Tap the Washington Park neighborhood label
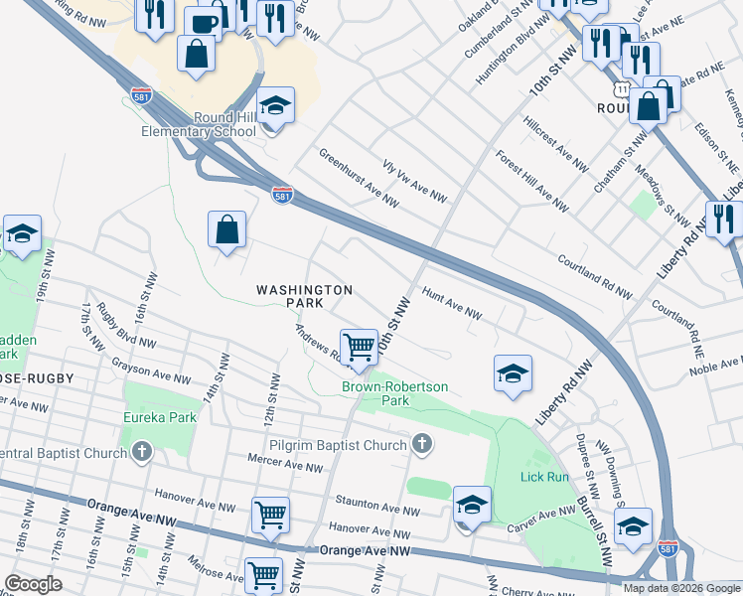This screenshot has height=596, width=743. point(304,295)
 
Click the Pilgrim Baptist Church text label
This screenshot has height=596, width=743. point(338,444)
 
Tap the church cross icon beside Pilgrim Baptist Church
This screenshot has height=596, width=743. point(423,443)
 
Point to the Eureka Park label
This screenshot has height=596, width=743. point(159,418)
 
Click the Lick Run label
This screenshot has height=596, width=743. point(543,477)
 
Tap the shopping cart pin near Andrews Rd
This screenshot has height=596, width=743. point(359,348)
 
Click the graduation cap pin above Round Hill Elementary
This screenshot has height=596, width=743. point(275,105)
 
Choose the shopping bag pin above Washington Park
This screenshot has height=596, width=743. point(227,229)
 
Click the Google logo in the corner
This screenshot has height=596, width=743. point(33,583)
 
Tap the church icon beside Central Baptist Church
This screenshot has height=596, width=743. point(142,453)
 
